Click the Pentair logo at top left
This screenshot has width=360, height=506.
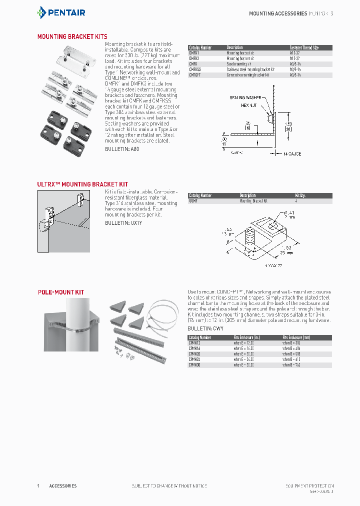(61, 12)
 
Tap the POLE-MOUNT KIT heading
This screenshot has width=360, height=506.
(60, 292)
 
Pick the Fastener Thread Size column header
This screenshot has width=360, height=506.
(304, 47)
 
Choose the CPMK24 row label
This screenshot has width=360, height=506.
(194, 359)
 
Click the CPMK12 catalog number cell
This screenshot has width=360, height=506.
(194, 343)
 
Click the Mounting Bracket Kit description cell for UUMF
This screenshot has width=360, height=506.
(253, 200)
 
